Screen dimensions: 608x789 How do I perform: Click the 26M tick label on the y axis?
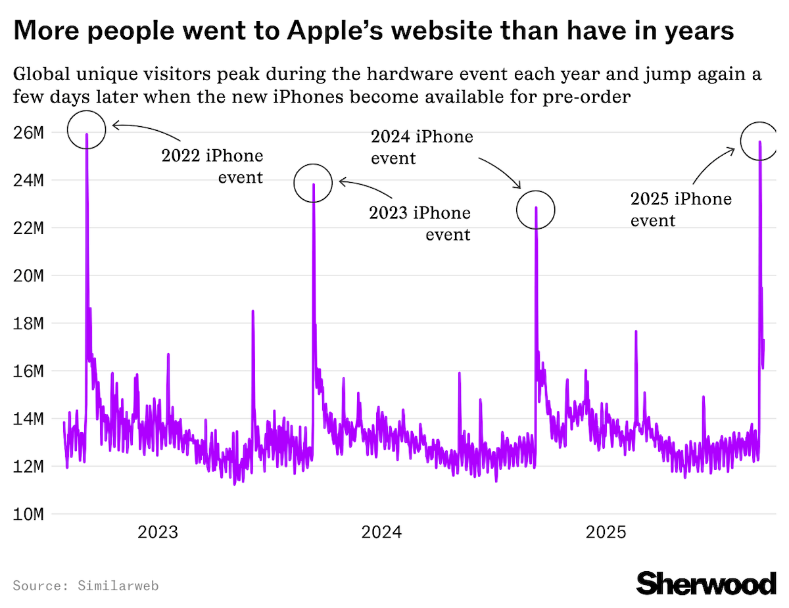coord(28,133)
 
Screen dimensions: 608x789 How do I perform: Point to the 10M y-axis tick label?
coord(28,514)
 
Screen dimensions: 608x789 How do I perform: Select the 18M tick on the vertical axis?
coord(28,323)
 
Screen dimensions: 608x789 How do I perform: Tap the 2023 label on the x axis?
coord(157,532)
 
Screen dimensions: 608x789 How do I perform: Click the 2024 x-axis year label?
coord(381,532)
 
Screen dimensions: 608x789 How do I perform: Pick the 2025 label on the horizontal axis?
coord(606,532)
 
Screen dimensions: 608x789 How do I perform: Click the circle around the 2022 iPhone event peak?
coord(86,129)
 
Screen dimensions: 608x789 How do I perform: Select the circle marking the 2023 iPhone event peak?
coord(313,183)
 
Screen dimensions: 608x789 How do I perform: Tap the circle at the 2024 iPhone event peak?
coord(536,210)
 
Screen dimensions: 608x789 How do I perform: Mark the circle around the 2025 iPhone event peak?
coord(759,141)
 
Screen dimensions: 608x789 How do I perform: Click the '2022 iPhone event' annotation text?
coord(212,166)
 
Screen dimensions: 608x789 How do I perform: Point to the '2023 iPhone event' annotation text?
coord(420,223)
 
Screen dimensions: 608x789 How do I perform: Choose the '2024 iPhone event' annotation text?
coord(422,147)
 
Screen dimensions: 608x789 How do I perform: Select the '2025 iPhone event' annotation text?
coord(681,209)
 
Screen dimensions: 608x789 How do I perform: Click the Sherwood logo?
coord(706,583)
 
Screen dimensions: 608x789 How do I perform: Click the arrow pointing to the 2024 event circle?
coord(501,172)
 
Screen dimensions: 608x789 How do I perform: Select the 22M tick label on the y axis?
coord(28,228)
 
